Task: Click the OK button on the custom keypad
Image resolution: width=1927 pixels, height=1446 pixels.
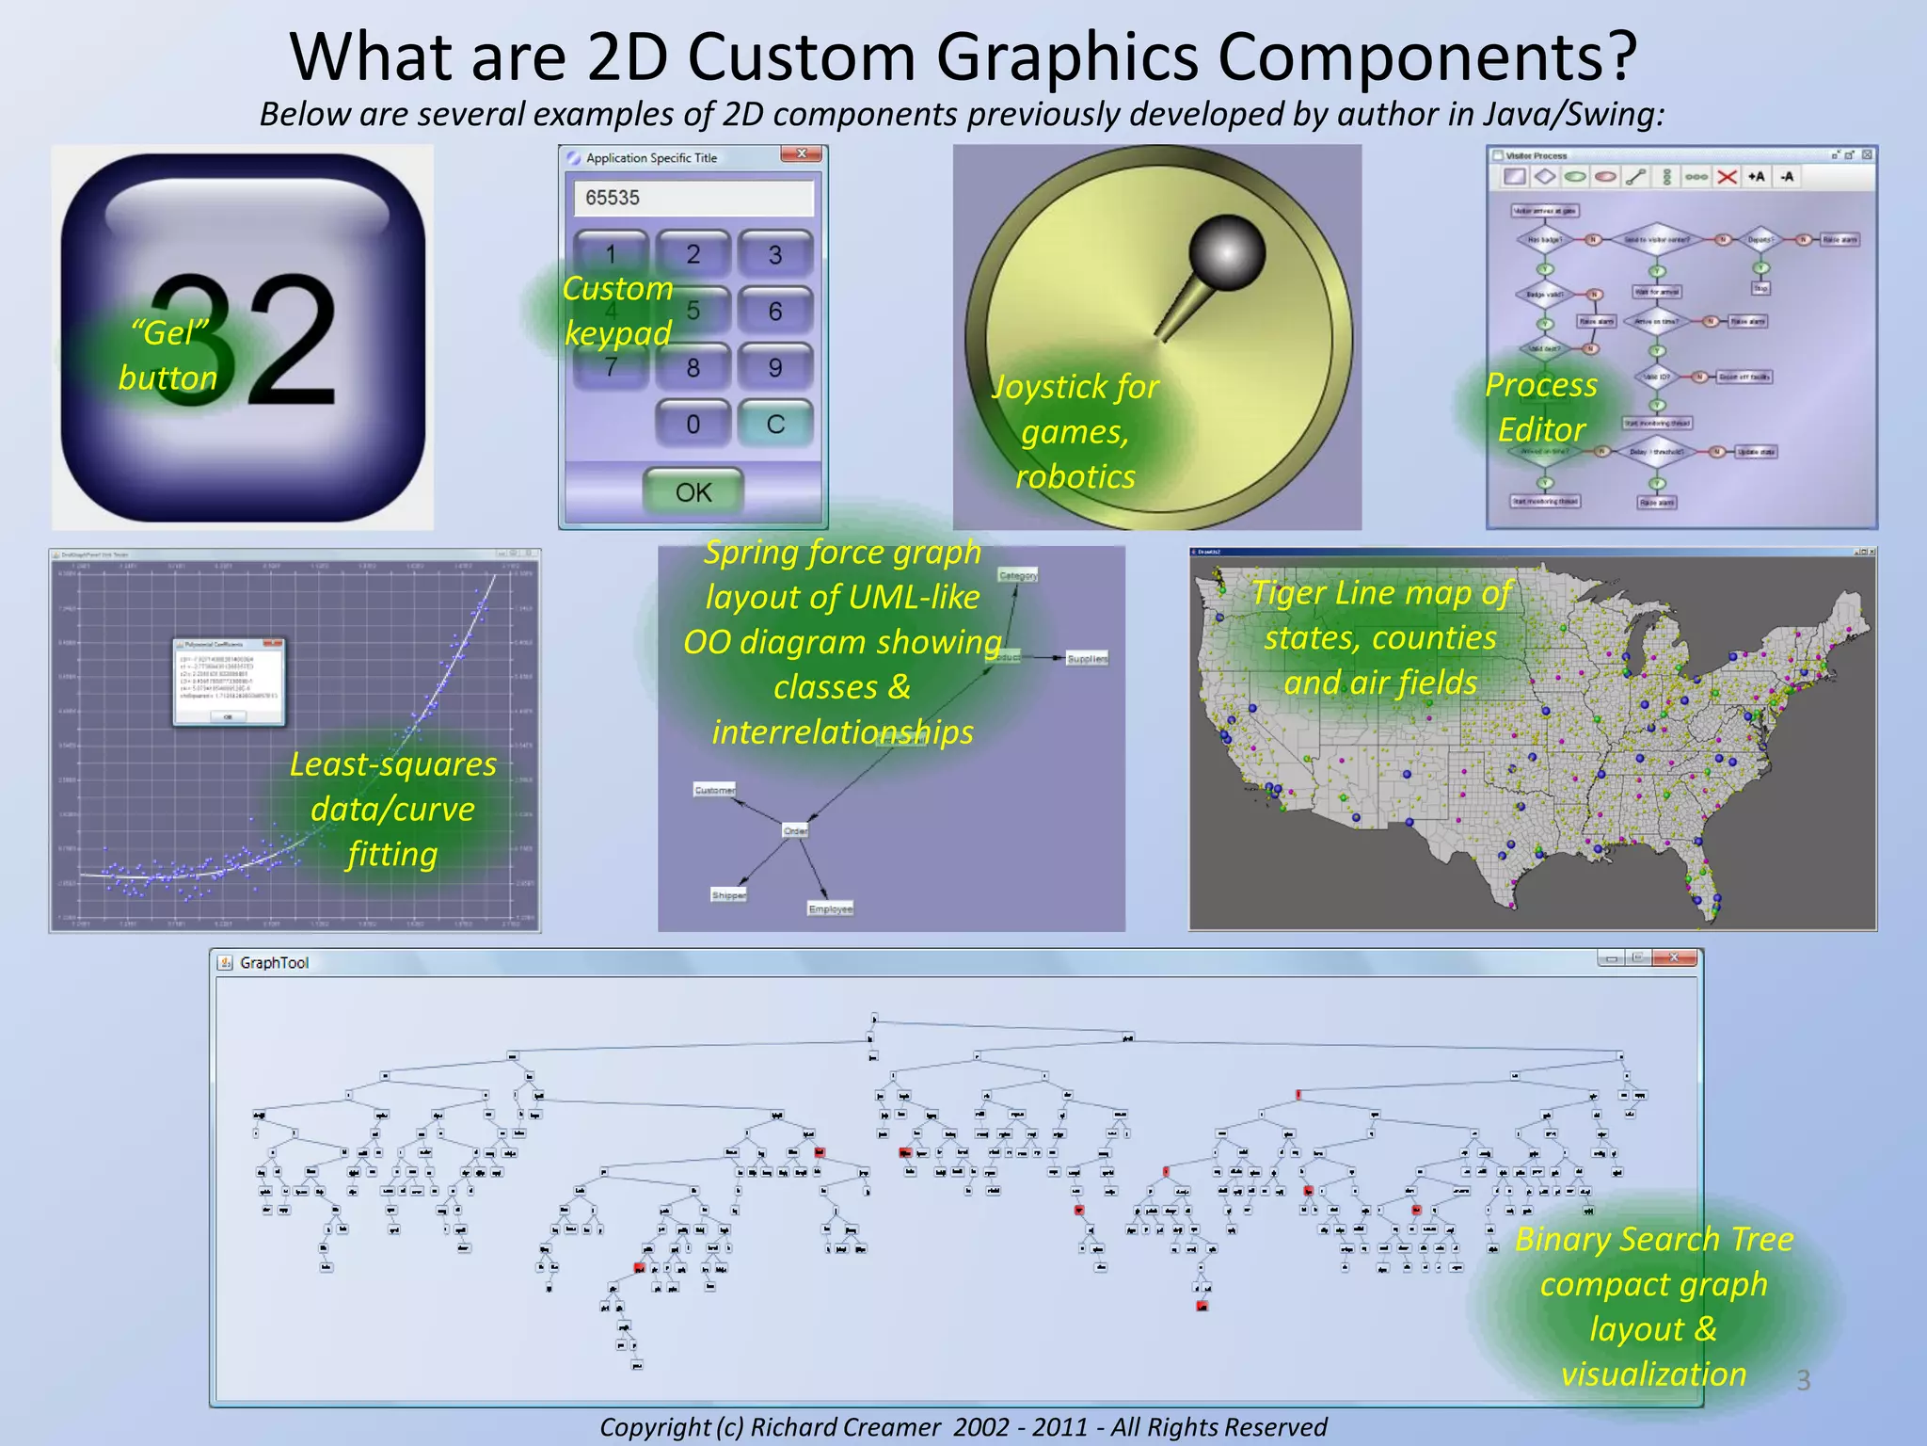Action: pyautogui.click(x=693, y=491)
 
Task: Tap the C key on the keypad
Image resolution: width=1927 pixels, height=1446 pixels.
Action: pyautogui.click(x=774, y=424)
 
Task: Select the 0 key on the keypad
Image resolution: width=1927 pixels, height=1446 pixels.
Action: pyautogui.click(x=693, y=424)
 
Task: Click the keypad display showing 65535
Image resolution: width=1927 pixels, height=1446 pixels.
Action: pyautogui.click(x=693, y=198)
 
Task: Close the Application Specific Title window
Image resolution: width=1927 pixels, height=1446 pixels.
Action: pyautogui.click(x=802, y=154)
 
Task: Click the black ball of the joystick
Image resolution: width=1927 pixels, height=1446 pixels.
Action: pyautogui.click(x=1227, y=252)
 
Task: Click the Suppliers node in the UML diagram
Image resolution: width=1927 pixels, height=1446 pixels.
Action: pyautogui.click(x=1087, y=659)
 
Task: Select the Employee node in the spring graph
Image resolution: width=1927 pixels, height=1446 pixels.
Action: pyautogui.click(x=830, y=908)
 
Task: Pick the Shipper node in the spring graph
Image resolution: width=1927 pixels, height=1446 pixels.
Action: pyautogui.click(x=728, y=895)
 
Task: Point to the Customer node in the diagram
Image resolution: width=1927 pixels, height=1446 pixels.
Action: pyautogui.click(x=715, y=790)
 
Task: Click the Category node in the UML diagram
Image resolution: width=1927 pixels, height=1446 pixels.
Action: pyautogui.click(x=1018, y=575)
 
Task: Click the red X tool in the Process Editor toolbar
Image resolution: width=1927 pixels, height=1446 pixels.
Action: pyautogui.click(x=1727, y=177)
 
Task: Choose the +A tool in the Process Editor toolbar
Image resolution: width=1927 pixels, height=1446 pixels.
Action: pyautogui.click(x=1757, y=177)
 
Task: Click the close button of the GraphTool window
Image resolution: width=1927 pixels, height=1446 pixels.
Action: pyautogui.click(x=1673, y=958)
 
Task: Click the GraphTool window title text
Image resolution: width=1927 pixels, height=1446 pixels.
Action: pyautogui.click(x=274, y=962)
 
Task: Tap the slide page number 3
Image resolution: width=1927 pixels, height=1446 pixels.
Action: pyautogui.click(x=1803, y=1380)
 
